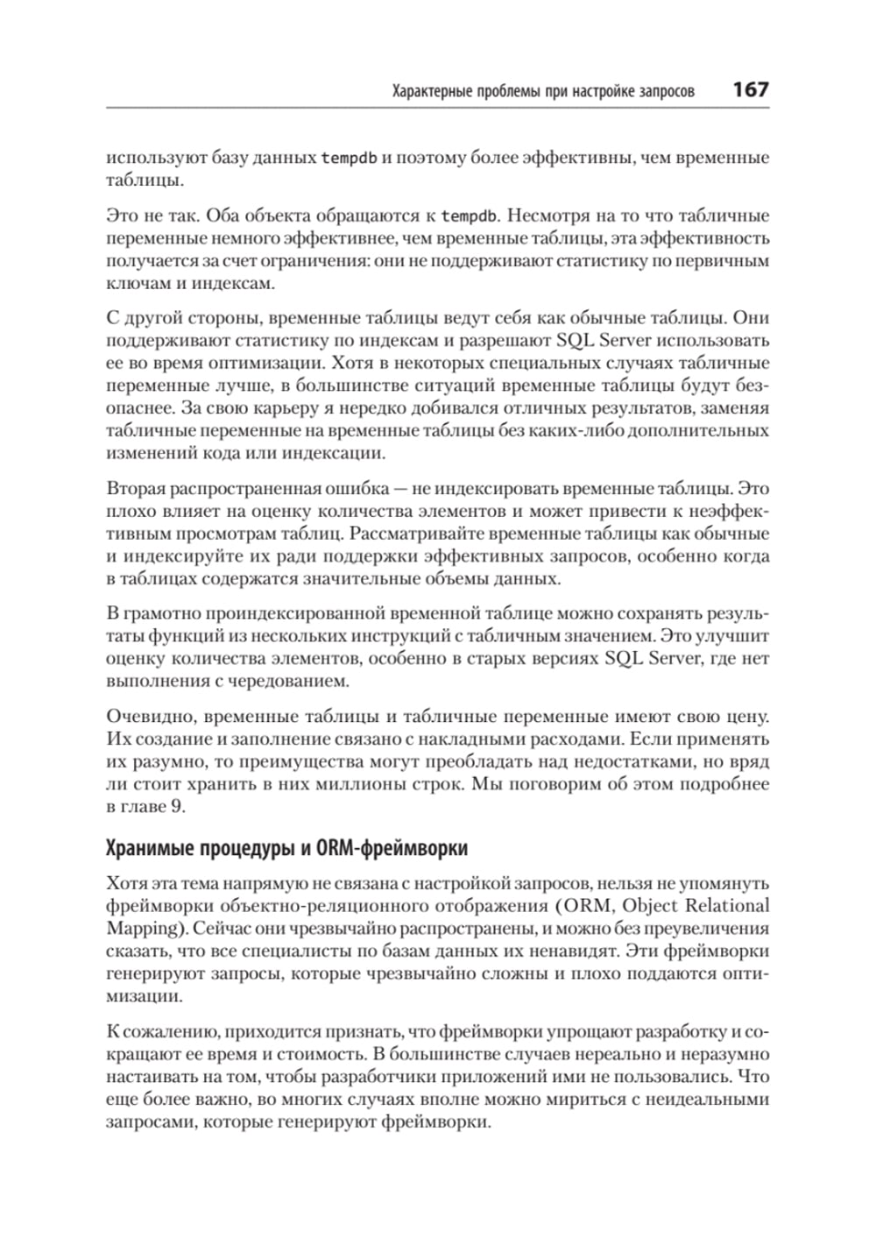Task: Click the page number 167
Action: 750,89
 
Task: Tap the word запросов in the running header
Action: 665,91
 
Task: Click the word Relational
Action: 726,906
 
